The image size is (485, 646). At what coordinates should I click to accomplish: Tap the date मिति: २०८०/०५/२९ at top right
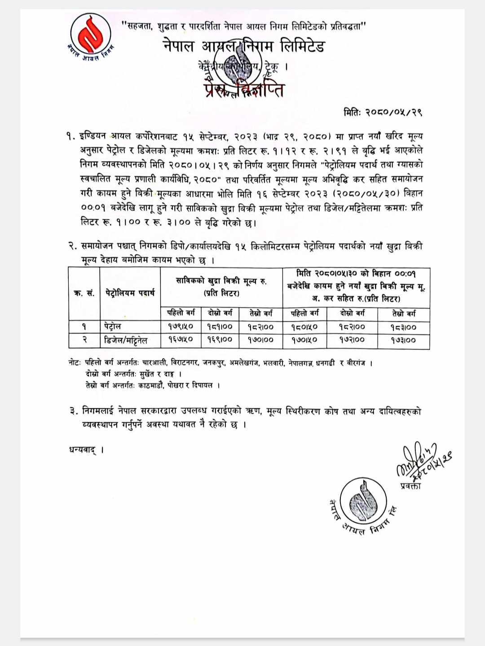tap(383, 112)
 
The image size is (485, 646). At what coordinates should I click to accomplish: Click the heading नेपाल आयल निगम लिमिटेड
tap(244, 46)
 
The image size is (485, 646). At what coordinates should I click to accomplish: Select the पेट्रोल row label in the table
tap(112, 327)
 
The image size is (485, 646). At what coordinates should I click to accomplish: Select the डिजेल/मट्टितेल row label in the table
tap(126, 340)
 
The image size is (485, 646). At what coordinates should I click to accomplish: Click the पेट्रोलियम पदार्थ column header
tap(130, 293)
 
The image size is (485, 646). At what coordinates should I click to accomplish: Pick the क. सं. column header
tap(84, 293)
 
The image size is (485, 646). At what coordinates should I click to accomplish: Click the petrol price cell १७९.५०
tap(181, 327)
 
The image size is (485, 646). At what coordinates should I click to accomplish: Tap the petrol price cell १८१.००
tap(220, 327)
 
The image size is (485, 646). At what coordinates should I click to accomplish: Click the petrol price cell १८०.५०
tap(304, 327)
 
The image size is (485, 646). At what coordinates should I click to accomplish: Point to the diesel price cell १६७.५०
tap(181, 340)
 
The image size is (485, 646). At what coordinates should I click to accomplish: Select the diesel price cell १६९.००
tap(220, 340)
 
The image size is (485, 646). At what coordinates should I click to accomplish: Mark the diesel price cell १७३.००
tap(403, 340)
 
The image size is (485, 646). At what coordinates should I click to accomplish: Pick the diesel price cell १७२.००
tap(352, 340)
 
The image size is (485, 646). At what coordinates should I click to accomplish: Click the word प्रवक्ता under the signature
tap(410, 486)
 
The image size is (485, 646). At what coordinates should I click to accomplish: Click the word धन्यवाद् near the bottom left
tap(83, 450)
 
